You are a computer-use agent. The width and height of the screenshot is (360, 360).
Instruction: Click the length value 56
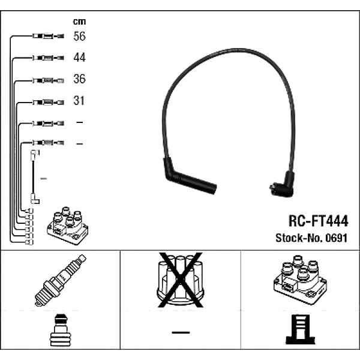(x=79, y=37)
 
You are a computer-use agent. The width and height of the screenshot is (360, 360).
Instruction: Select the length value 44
(x=79, y=58)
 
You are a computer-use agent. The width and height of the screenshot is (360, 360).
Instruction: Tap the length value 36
(x=79, y=79)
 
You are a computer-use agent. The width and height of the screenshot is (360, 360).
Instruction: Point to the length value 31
(x=79, y=101)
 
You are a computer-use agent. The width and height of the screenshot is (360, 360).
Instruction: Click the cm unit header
(x=79, y=22)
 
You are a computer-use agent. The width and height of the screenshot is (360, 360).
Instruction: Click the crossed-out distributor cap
(x=179, y=281)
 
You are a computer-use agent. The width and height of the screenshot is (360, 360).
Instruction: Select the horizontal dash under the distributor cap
(x=180, y=331)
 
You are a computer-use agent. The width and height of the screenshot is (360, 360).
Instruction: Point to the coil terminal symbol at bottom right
(x=299, y=329)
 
